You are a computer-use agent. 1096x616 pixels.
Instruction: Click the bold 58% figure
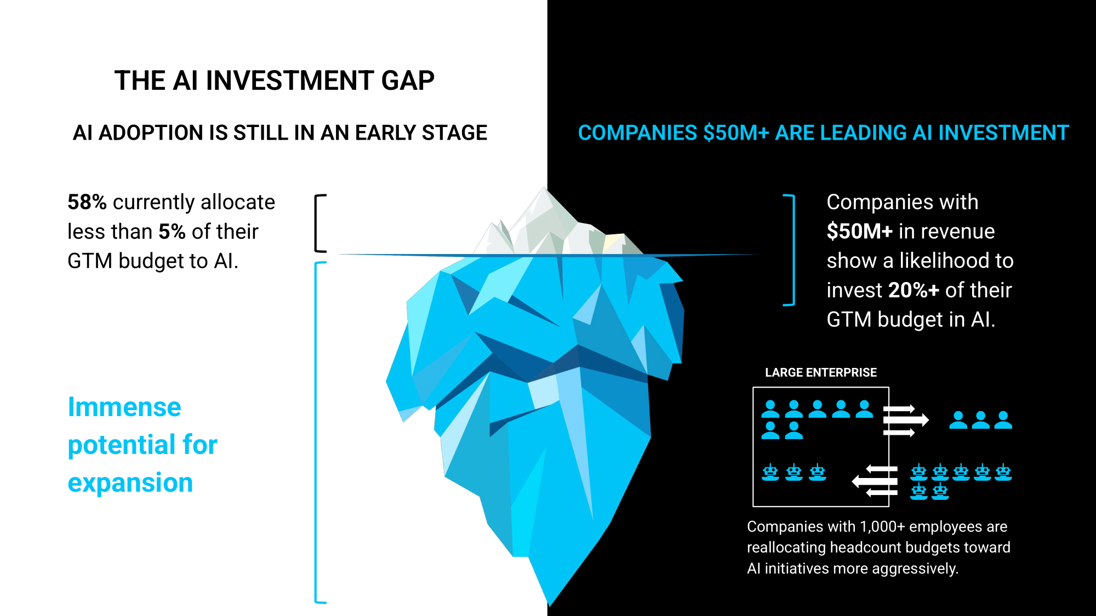click(87, 202)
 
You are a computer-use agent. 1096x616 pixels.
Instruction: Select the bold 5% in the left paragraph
click(172, 232)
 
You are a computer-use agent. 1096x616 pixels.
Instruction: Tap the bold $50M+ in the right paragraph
click(860, 232)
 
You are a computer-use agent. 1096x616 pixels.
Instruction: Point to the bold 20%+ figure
click(914, 290)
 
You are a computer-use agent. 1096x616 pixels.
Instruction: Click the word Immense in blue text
click(124, 407)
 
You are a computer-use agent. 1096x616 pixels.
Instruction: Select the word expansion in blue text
click(130, 483)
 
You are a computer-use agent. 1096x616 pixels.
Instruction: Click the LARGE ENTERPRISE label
click(821, 372)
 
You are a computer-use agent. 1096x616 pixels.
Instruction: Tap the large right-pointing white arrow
click(906, 420)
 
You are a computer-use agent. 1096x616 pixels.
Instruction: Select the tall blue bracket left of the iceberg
click(316, 433)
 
